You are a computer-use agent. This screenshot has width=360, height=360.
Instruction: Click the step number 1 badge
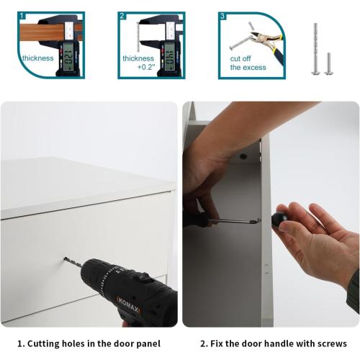coord(22,16)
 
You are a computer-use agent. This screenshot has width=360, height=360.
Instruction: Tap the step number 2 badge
coord(122,16)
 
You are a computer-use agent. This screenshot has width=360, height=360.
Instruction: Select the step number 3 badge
coord(222,16)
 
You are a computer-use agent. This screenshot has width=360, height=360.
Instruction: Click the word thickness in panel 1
coord(38,58)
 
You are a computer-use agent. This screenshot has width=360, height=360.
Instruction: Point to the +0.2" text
coord(146,67)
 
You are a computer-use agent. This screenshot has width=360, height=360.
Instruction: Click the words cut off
coord(240,58)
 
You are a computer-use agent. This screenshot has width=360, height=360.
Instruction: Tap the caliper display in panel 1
coord(68,56)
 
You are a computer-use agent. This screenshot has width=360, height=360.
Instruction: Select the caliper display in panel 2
coord(169,56)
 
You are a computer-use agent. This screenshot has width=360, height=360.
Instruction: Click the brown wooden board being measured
coord(41,32)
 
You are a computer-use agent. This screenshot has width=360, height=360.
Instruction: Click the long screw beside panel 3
coord(315,49)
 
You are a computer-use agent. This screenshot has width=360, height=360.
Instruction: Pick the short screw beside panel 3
coord(329,64)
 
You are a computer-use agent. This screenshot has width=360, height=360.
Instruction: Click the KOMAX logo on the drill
coord(128,305)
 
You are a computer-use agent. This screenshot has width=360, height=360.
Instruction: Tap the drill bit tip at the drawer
coord(65,258)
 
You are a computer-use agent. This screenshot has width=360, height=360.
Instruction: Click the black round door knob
coord(279,219)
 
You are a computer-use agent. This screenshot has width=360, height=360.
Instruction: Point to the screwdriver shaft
coord(233,220)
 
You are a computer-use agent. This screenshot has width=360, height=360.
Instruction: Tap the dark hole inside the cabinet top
coord(243,156)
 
